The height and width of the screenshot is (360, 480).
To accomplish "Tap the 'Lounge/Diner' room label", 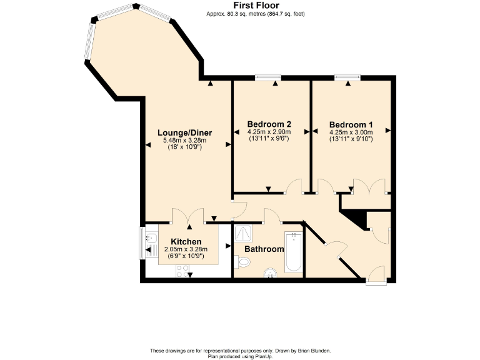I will (x=184, y=132).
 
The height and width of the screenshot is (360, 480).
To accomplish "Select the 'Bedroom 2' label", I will (x=269, y=124).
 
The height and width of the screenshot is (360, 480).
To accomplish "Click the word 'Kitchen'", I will (x=186, y=241).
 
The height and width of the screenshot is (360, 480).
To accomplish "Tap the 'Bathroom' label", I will (x=264, y=249).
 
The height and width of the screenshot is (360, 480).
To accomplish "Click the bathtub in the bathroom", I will (x=293, y=252).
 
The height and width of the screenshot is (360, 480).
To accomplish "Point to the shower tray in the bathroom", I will (x=243, y=234).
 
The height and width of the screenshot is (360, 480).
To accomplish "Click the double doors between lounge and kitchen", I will (x=187, y=216).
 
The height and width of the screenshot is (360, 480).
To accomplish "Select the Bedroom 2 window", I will (x=268, y=77).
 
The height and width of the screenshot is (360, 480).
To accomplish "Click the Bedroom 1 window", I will (x=347, y=77).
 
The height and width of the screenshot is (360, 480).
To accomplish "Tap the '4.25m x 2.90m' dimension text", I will (x=269, y=132).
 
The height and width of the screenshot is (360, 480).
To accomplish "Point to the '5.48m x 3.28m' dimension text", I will (x=184, y=141).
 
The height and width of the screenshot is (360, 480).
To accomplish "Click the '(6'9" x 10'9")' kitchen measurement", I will (x=186, y=256).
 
